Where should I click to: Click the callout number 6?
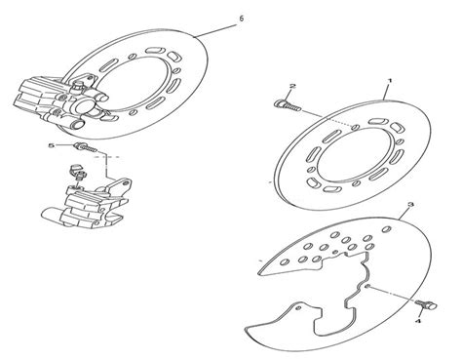241,19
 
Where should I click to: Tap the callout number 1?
390,81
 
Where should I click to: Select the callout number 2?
292,86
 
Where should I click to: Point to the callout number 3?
411,205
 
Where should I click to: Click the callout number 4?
418,321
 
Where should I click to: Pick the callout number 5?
51,145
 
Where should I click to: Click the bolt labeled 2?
288,104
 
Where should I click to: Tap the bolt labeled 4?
426,304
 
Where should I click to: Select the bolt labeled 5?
86,147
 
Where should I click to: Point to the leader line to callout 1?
386,91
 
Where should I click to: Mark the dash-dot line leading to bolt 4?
393,295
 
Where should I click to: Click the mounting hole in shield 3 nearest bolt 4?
367,286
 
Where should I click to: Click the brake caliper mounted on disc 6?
60,101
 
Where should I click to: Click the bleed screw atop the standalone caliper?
77,172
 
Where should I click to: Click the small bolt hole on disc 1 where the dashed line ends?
356,127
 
